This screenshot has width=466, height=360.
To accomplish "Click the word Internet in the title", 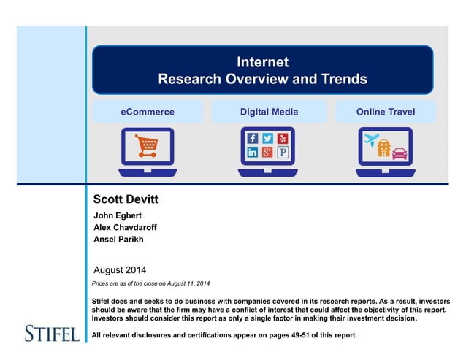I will coord(262,62).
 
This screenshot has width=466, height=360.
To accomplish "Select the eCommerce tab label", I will coord(148,112).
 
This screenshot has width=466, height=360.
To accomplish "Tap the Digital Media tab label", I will coord(269,112).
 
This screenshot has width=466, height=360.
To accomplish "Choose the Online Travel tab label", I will coord(386,112).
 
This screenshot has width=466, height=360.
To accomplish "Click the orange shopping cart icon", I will coord(146,145).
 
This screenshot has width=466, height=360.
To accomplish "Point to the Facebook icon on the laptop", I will coord(252,138).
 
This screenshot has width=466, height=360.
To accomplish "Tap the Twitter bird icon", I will coord(267,138).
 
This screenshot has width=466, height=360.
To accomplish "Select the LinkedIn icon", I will coord(252,153).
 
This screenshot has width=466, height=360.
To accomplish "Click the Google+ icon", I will coord(267,153).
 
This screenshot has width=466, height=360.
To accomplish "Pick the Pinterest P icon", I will coord(283,153).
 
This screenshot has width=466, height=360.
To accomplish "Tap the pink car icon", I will coord(400,153).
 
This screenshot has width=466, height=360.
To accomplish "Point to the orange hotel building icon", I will coord(383,148).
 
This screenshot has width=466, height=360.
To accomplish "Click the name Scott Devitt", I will coord(126,199).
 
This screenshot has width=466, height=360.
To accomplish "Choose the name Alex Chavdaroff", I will coord(126,227).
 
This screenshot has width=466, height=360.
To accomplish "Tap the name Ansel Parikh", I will coord(119,239).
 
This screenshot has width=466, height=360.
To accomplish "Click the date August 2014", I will coord(121,269).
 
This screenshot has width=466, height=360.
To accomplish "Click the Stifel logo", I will coord(51,334).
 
